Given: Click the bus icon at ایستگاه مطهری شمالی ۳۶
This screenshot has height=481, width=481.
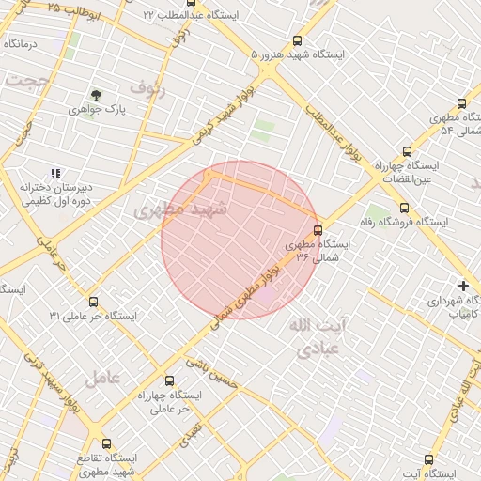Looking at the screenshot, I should point(318,229).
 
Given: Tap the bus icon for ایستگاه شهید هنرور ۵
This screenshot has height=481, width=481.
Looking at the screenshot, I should point(298,40).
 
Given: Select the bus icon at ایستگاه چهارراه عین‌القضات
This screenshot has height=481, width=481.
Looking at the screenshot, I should point(407,150).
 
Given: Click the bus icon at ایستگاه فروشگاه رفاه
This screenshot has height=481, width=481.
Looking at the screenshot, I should point(404,208).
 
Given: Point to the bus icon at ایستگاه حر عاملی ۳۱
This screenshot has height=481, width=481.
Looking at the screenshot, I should point(92,302).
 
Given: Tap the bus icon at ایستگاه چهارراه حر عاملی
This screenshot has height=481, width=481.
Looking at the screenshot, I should point(169,381).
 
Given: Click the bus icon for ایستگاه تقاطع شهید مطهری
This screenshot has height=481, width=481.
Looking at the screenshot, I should point(105,443).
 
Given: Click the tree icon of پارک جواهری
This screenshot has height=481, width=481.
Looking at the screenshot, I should point(96,95).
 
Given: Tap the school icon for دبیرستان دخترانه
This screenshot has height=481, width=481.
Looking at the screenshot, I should point(55,173).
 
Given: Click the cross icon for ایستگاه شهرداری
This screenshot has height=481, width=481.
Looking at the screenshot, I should point(462,286).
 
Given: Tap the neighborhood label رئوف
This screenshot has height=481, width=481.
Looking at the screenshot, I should point(147,89).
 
